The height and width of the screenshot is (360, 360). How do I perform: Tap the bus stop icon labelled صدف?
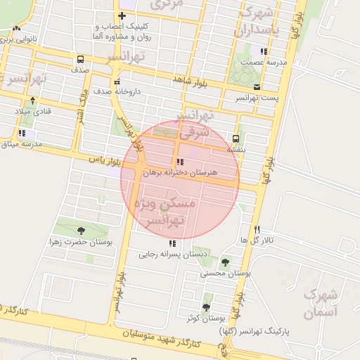[79, 60]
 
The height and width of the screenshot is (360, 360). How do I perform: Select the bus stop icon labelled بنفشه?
[235, 139]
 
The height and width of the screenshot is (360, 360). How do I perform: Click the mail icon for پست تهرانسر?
[257, 86]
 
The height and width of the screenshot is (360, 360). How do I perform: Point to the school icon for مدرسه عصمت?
[264, 51]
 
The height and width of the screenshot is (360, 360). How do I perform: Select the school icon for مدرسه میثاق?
[22, 133]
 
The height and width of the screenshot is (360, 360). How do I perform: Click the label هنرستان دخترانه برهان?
[181, 172]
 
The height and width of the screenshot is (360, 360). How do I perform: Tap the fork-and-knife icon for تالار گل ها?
[257, 229]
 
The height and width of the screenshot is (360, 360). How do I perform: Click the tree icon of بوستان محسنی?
[225, 262]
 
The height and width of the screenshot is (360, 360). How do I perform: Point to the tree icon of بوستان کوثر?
[206, 307]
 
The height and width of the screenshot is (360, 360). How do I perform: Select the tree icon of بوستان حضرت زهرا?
[82, 230]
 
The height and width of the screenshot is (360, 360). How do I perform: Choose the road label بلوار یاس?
[101, 160]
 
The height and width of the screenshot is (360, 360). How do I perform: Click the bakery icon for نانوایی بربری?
[16, 29]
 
